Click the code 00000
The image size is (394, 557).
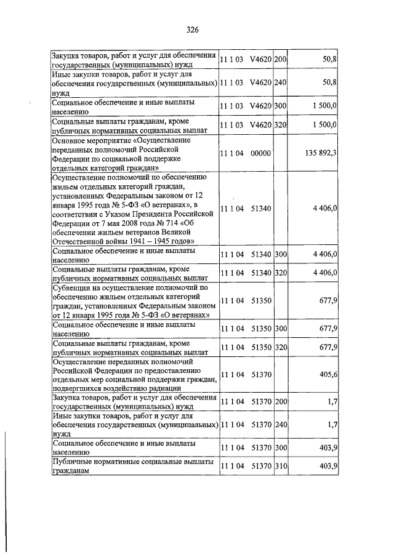point(261,153)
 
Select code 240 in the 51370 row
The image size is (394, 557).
point(281,425)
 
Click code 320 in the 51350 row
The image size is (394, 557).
point(281,347)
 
